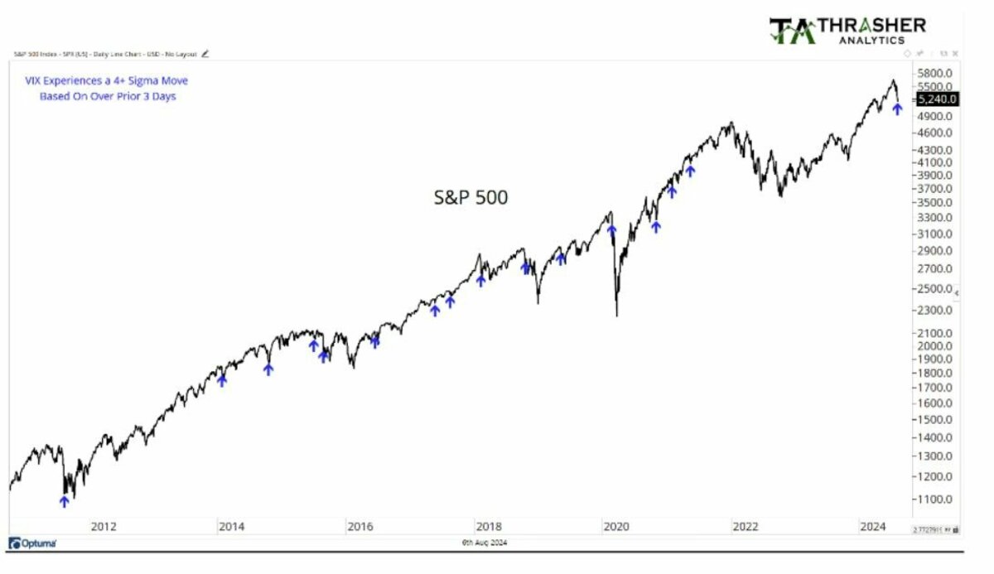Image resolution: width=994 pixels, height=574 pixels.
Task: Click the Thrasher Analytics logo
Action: tap(847, 30)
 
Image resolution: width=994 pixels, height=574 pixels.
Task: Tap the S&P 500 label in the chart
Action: tap(470, 197)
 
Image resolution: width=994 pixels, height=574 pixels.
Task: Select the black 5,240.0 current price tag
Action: tap(937, 99)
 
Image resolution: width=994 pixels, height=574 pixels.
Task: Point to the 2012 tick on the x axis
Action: tap(103, 526)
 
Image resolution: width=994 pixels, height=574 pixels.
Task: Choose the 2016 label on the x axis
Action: tap(359, 526)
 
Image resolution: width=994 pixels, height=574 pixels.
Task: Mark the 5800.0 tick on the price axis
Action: tap(937, 73)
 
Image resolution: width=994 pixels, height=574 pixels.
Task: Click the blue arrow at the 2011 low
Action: tap(64, 500)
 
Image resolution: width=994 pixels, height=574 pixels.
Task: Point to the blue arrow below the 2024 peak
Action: tap(897, 109)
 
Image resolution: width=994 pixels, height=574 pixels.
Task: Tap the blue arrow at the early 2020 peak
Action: tap(611, 230)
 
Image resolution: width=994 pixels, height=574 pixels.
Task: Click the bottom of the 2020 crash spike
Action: tap(617, 314)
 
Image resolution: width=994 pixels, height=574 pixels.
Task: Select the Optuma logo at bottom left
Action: tap(33, 543)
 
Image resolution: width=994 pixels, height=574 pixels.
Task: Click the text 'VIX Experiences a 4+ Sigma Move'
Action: tap(107, 80)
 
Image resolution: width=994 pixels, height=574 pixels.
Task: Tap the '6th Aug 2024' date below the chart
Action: tap(485, 543)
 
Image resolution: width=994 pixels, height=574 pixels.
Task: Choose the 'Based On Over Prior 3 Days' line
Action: tap(108, 96)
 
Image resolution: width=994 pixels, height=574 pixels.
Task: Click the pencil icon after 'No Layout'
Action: tap(205, 54)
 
